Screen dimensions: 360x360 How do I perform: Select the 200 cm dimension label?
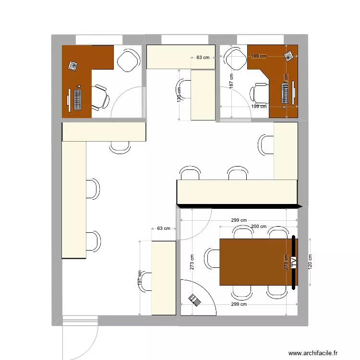(259, 226)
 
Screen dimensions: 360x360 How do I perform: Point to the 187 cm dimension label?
(231, 82)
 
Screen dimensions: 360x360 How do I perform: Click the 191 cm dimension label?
(140, 278)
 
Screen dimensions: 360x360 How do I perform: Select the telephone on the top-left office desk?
(73, 66)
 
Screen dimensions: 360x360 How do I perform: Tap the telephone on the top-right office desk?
(289, 56)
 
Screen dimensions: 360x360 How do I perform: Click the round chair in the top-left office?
(128, 60)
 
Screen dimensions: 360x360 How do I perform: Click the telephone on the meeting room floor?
(195, 300)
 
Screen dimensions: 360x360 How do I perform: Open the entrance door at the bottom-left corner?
(81, 336)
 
